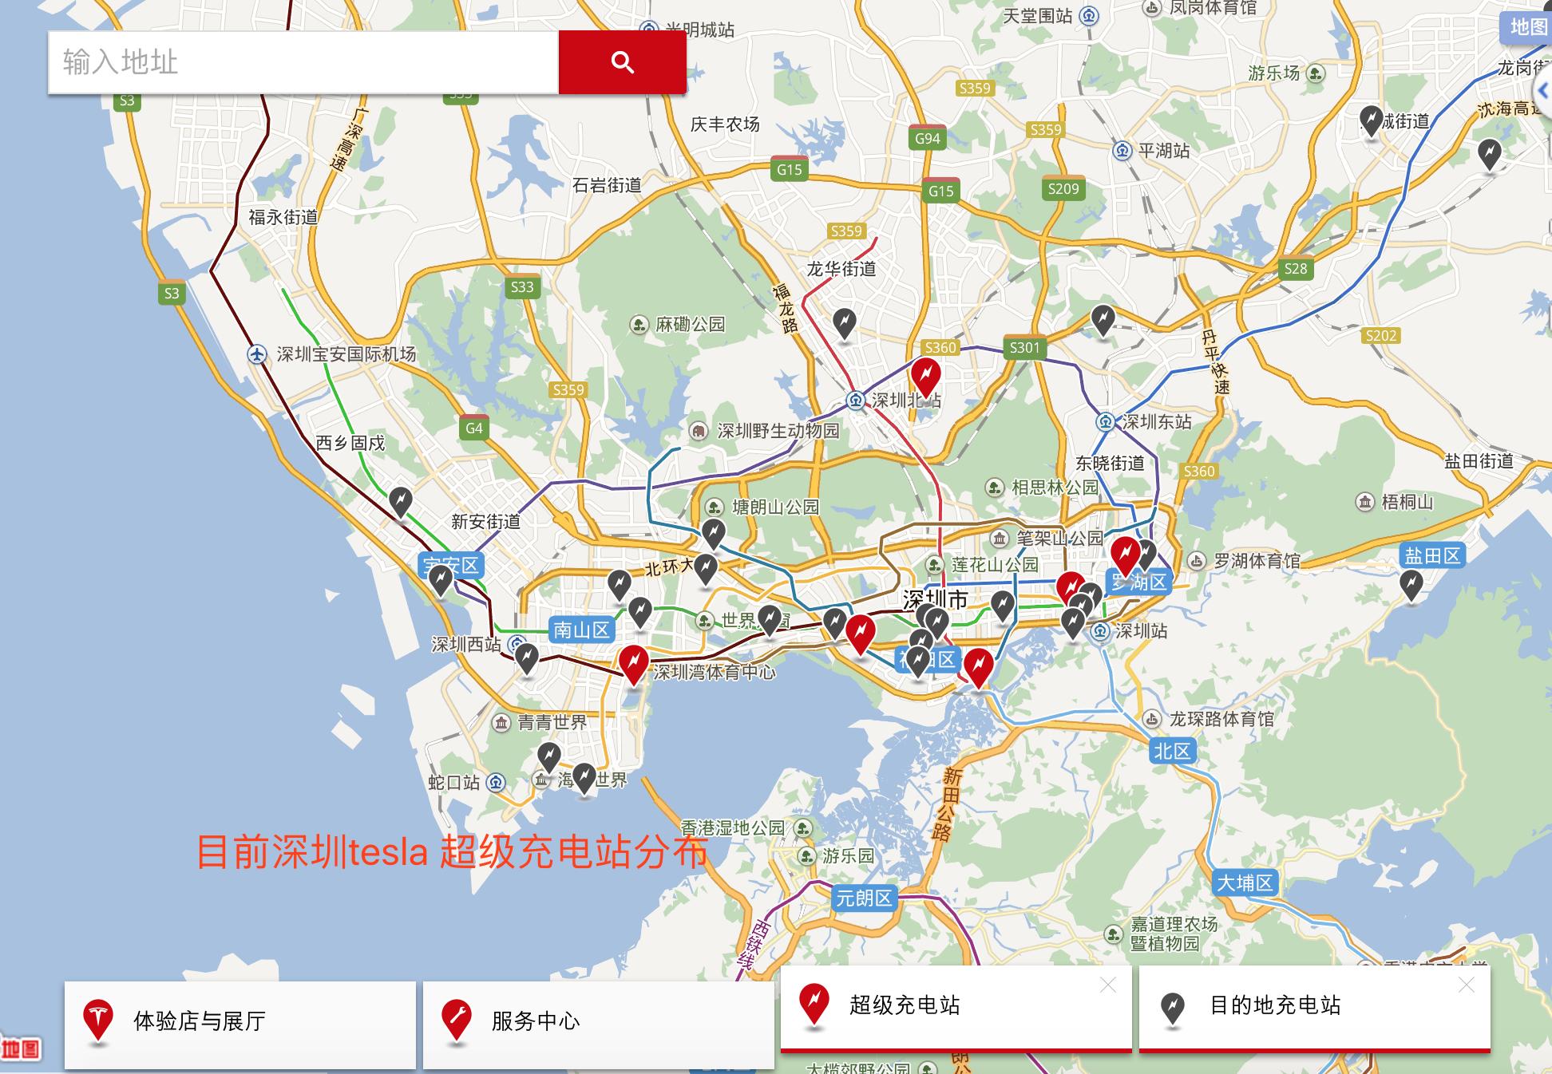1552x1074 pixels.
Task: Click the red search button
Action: (622, 62)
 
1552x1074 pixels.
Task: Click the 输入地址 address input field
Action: (303, 62)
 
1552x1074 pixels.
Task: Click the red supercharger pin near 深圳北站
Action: (926, 373)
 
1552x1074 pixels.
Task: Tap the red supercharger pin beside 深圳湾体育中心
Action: (634, 662)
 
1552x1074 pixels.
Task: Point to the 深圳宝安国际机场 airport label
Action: (346, 354)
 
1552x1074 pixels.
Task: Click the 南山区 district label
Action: (581, 630)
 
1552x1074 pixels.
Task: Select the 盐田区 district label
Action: (1432, 555)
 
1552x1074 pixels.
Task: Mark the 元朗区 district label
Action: (863, 898)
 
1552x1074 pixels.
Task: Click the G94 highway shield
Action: (927, 138)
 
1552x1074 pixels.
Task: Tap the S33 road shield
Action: (522, 287)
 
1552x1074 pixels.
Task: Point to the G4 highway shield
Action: (474, 428)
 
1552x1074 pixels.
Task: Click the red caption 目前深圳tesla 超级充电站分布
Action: (452, 851)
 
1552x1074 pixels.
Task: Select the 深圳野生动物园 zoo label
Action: (778, 432)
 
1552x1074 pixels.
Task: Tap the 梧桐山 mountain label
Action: (1407, 502)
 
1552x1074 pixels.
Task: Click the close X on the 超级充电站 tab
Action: (1107, 985)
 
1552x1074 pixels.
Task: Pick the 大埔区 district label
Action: (1245, 882)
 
